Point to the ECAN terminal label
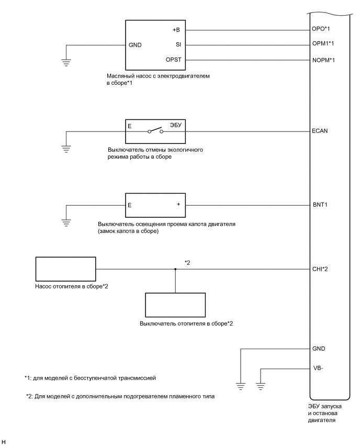tap(320, 131)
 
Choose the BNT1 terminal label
tap(319, 205)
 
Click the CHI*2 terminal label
tap(320, 270)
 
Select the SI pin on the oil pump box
tap(178, 44)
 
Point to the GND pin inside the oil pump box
tap(135, 44)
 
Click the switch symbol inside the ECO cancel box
tap(155, 131)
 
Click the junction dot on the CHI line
tap(175, 270)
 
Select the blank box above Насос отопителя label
tap(65, 270)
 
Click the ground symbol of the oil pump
tap(66, 62)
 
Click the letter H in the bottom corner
tap(4, 442)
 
